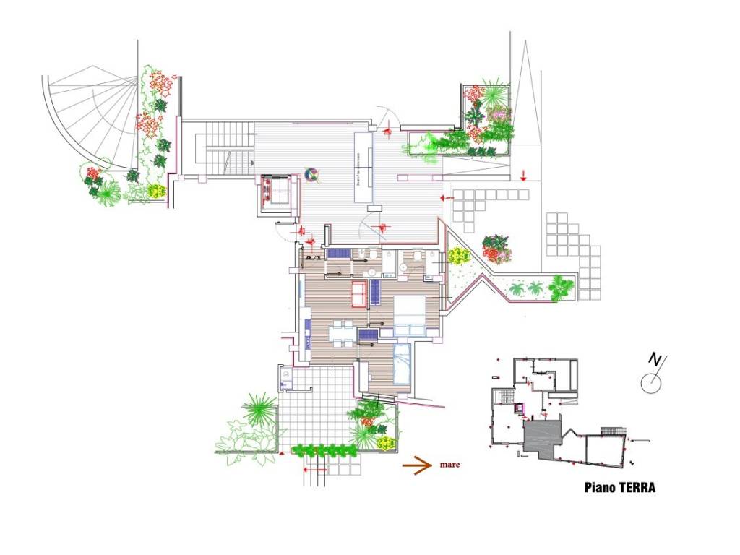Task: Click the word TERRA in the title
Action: (x=636, y=488)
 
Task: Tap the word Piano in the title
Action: (x=599, y=488)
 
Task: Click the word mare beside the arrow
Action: (x=449, y=465)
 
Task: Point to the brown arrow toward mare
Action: (x=418, y=466)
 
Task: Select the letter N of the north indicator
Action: (x=655, y=359)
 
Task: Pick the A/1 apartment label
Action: (x=314, y=258)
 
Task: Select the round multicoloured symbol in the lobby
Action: (x=312, y=174)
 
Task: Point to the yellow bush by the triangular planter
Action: (x=458, y=256)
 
